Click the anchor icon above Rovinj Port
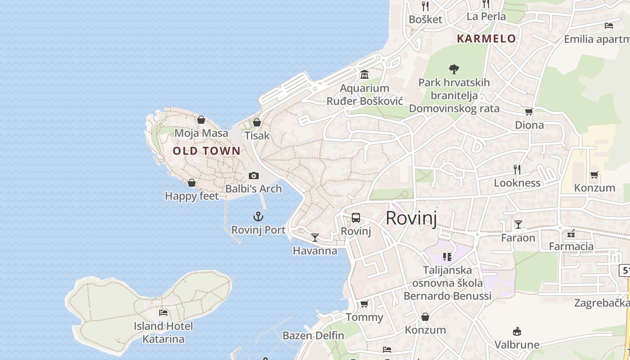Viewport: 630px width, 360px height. [258, 216]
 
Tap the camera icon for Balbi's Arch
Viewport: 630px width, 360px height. [254, 175]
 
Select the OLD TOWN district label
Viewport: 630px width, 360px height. [207, 151]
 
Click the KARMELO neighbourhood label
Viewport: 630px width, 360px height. [486, 39]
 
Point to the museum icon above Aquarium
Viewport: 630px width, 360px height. [364, 74]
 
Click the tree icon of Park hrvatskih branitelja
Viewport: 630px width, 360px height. [454, 69]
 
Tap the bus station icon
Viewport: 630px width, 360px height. [356, 218]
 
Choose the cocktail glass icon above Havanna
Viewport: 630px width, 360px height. [315, 237]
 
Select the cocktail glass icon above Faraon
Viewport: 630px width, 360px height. [518, 224]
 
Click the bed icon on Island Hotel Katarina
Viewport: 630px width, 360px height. [163, 312]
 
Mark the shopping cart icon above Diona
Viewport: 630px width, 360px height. [529, 112]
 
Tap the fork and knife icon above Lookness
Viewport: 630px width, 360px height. [517, 169]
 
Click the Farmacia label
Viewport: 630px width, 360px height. [571, 246]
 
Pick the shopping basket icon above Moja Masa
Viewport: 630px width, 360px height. [201, 120]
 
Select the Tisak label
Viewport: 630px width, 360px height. [257, 135]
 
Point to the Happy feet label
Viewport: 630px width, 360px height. [192, 196]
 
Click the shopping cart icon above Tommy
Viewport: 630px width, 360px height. [364, 304]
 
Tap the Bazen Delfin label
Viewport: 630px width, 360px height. [313, 335]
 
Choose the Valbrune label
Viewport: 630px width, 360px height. [517, 345]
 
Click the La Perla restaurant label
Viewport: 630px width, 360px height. [486, 17]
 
